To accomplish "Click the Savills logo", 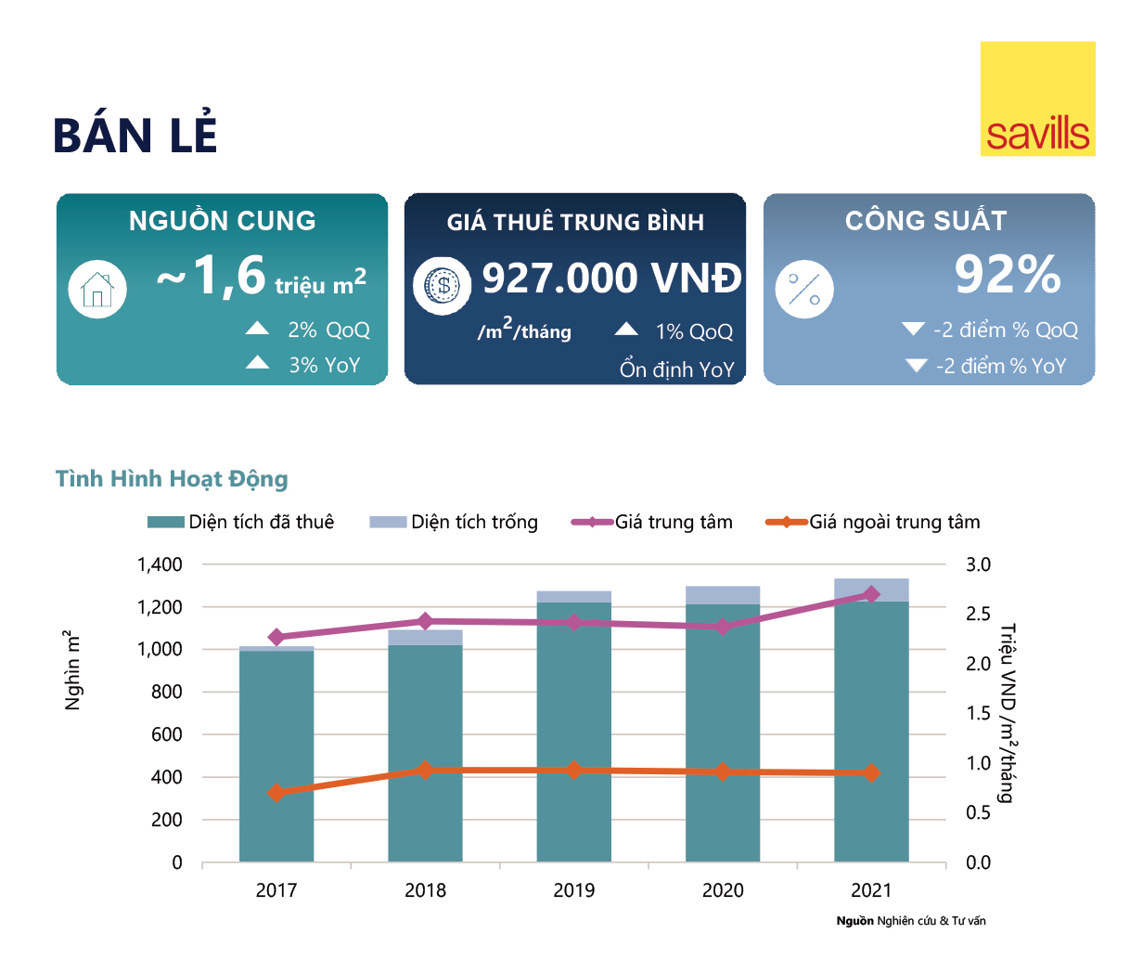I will tap(1037, 98).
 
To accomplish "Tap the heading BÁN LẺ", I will tap(135, 135).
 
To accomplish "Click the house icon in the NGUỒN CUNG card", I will tap(97, 289).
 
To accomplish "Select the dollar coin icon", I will tap(443, 285).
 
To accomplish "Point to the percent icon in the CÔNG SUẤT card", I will tap(803, 289).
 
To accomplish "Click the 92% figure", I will tap(1008, 275).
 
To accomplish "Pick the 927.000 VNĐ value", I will tap(611, 278).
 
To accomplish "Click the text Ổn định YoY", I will tap(676, 369).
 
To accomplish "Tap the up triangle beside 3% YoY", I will tap(258, 363).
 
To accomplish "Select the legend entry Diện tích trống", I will tap(454, 522).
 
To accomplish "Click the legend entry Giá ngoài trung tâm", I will tap(873, 522).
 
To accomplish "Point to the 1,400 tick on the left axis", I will tap(160, 564).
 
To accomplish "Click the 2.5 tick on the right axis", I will tap(978, 614).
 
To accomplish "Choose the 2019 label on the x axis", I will tap(573, 890).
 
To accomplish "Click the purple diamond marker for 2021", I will tap(871, 594).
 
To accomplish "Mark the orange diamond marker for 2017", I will tap(276, 793).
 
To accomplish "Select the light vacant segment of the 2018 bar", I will tap(425, 638).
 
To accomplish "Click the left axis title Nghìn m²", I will tap(72, 670).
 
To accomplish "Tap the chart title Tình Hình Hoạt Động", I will tap(172, 479).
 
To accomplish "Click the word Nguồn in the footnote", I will tap(854, 921).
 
